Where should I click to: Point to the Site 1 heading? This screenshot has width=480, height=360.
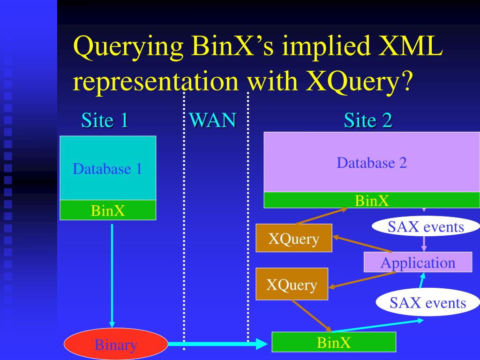(105, 120)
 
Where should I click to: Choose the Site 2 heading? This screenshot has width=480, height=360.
(367, 120)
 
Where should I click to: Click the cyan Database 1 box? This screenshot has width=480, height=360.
(108, 168)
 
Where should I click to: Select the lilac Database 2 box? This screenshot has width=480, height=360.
(372, 162)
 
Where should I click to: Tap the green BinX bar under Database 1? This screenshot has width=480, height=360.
(108, 210)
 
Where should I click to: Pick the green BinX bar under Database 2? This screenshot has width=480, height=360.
(372, 200)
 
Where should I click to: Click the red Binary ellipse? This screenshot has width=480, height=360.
(115, 345)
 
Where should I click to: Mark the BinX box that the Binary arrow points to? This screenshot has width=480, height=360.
(334, 342)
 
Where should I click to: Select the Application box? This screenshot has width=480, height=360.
(418, 262)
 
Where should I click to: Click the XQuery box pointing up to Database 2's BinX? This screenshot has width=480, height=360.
(294, 238)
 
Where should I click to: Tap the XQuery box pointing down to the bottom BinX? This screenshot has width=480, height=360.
(292, 284)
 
